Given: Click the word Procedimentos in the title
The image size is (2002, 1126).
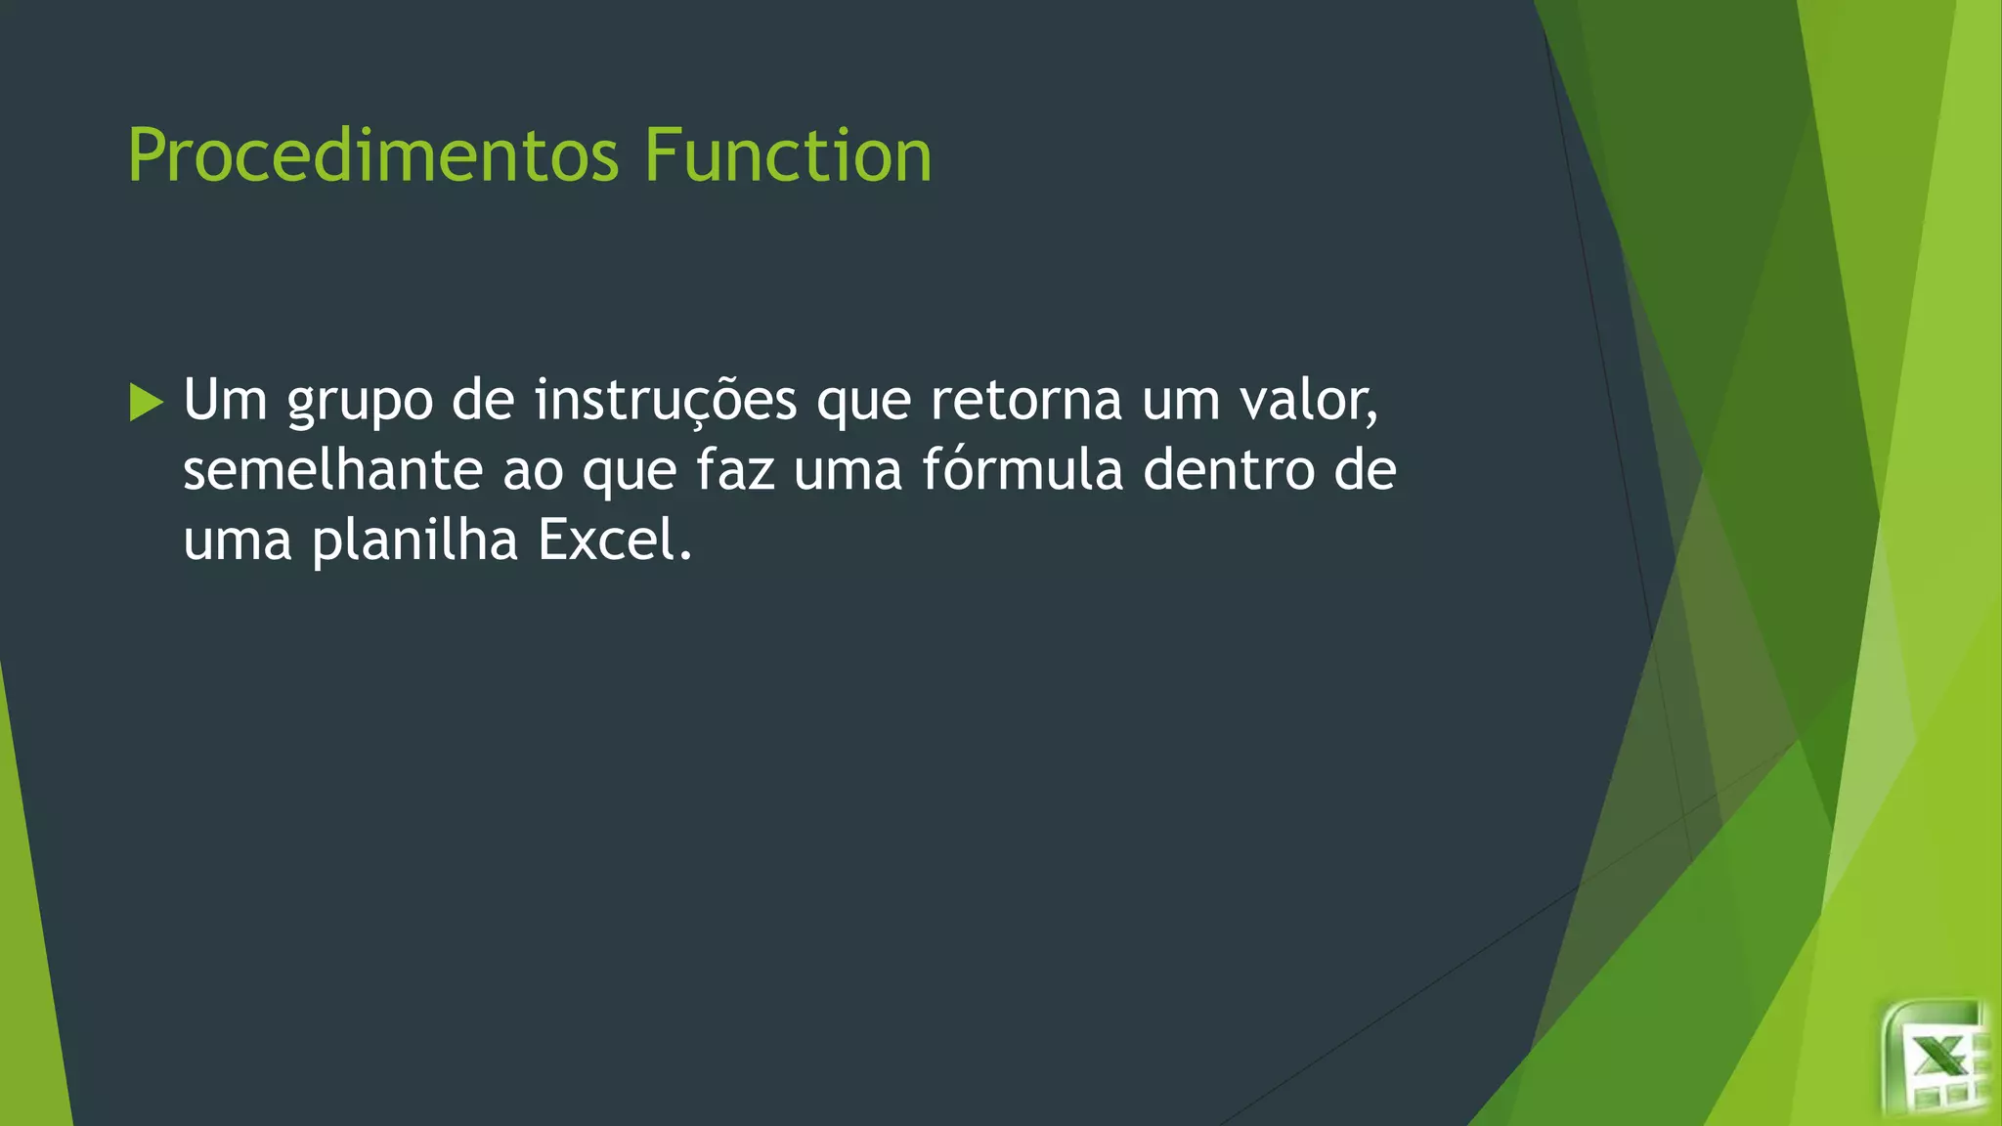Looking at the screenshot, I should click(x=373, y=156).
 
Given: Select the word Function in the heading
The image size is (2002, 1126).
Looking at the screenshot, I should click(x=788, y=156).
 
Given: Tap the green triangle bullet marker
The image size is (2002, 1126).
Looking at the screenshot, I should click(x=146, y=403).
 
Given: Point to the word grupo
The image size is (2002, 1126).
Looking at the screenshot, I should click(x=360, y=403).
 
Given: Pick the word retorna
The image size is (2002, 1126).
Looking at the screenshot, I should click(x=1026, y=401).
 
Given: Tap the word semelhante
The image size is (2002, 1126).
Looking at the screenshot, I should click(x=332, y=470).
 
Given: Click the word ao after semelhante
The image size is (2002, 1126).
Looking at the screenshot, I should click(x=534, y=472).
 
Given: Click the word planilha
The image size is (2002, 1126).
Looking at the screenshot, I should click(x=414, y=541).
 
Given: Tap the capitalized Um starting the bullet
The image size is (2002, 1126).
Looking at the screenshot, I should click(x=225, y=401).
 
